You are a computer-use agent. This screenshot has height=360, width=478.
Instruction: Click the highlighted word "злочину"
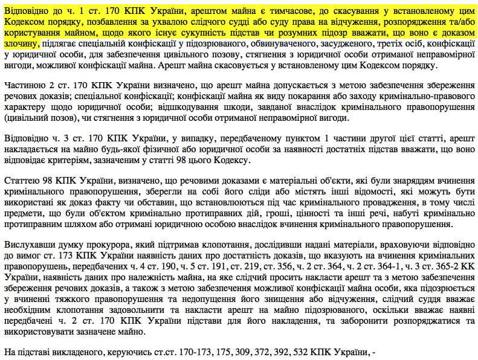click(x=21, y=44)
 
